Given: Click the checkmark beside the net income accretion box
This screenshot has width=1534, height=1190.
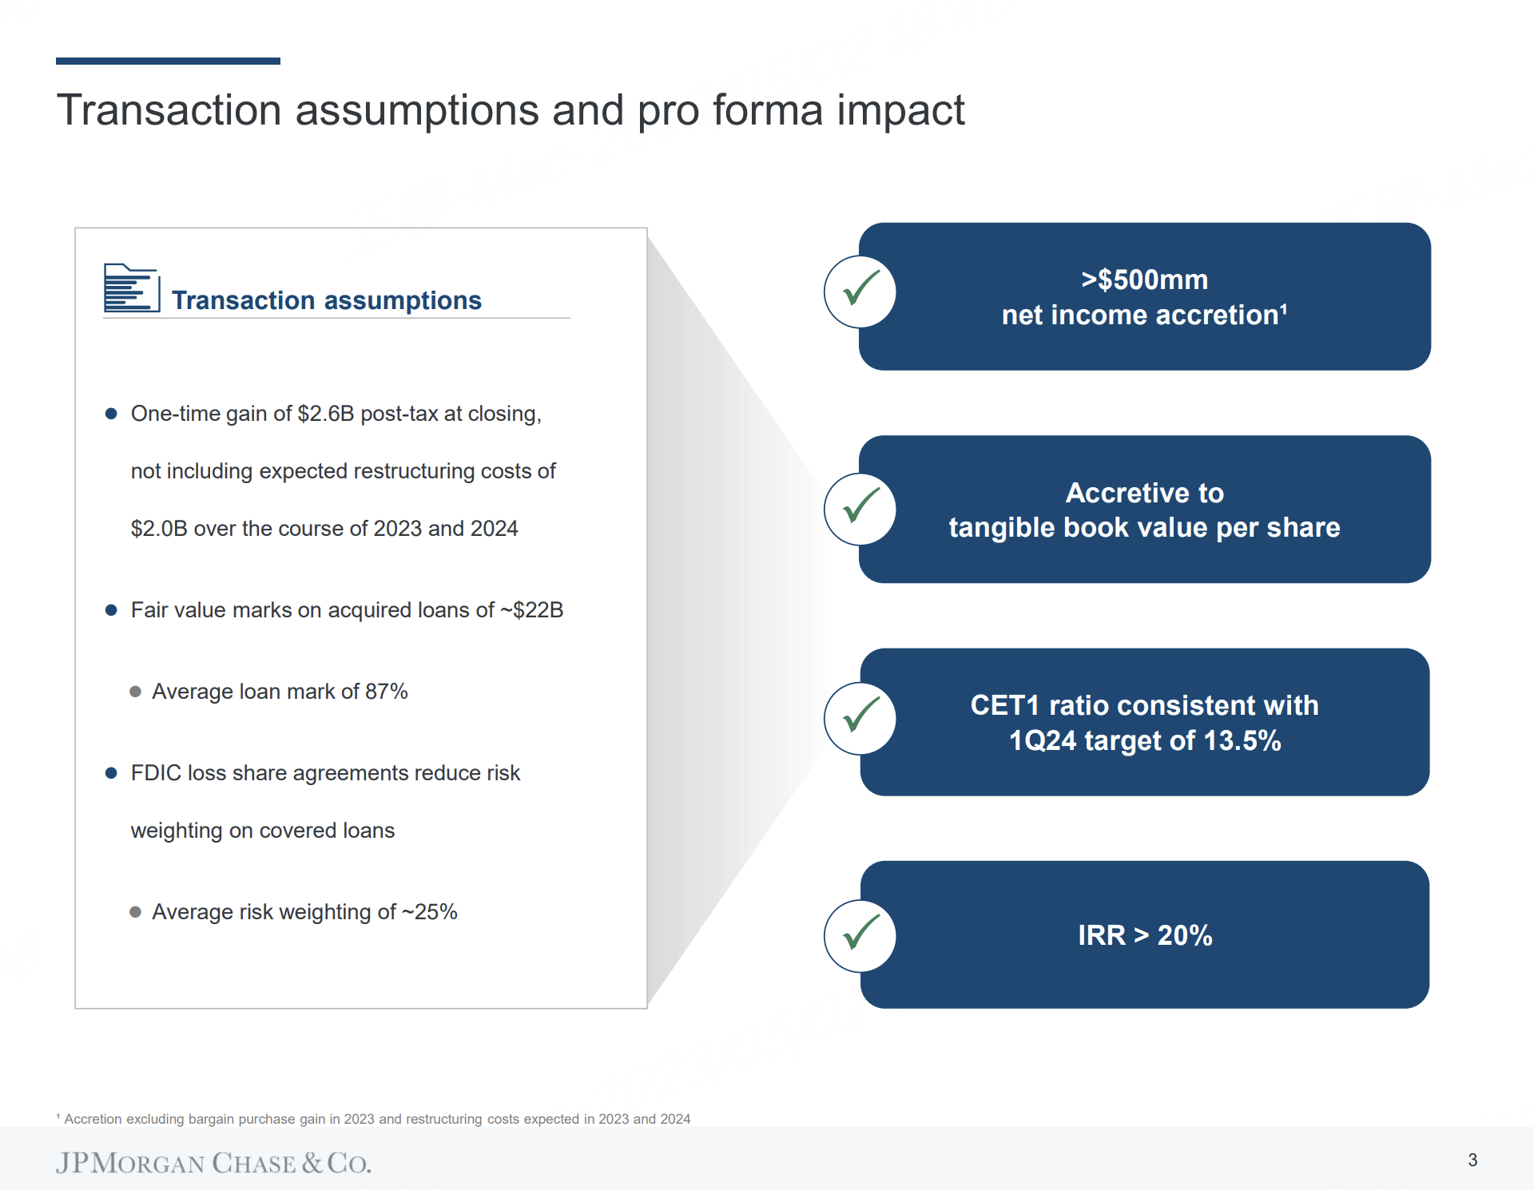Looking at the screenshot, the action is tap(860, 288).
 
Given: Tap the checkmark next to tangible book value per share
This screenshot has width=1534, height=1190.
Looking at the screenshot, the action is tap(860, 506).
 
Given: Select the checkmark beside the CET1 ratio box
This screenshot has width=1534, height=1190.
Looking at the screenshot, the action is tap(860, 715).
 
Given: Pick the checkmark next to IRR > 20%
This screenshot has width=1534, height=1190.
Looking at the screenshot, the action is tap(860, 932).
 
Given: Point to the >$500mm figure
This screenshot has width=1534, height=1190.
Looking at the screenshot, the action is tap(1144, 280).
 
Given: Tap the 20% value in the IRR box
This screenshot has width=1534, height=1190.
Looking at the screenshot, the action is tap(1185, 935).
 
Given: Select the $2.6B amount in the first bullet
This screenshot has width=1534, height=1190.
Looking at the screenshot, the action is tap(325, 414).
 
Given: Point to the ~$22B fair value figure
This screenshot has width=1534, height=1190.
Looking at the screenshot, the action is tap(532, 610).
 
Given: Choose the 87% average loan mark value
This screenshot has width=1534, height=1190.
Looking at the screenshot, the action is tap(387, 692).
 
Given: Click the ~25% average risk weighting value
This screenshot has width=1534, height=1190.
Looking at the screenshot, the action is tap(430, 912).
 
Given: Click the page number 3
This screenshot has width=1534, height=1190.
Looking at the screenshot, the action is tap(1472, 1160).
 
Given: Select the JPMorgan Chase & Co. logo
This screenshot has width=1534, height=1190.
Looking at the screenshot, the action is tap(213, 1163).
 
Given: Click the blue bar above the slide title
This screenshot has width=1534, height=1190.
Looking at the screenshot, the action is tap(168, 61).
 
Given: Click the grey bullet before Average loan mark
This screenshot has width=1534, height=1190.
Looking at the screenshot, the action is tap(136, 692).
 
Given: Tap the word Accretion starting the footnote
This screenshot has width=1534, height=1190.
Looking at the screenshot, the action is tap(93, 1119).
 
